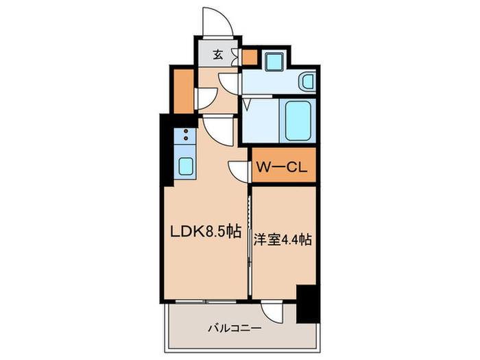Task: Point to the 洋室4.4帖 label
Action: (x=284, y=241)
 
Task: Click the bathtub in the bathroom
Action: (x=300, y=120)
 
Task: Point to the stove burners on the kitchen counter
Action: (x=185, y=139)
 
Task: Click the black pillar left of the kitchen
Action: (x=167, y=151)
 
